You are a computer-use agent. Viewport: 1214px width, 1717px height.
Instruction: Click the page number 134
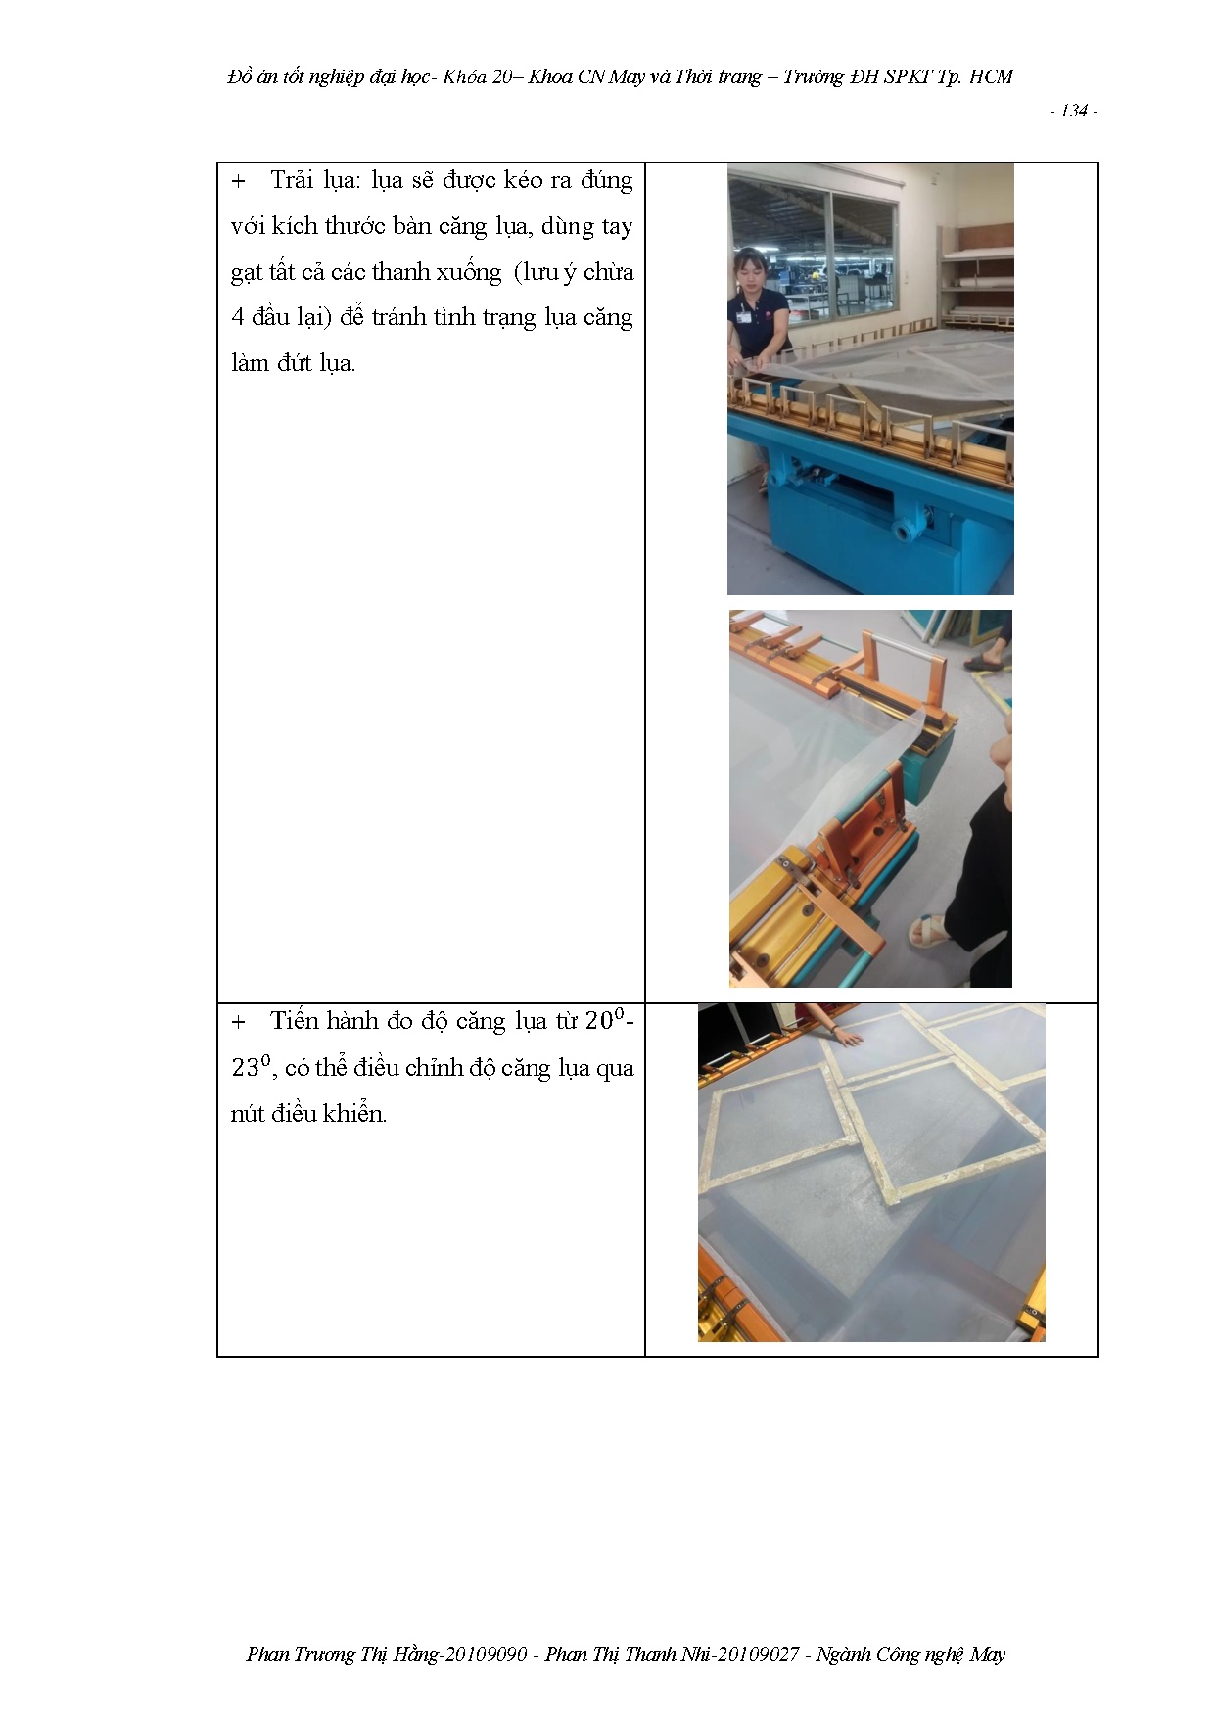[x=1074, y=112]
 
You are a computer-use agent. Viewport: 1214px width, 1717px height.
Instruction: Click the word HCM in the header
[x=991, y=76]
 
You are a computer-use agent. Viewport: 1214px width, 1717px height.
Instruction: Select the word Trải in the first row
[x=292, y=180]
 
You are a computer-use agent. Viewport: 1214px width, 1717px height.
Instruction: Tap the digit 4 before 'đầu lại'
[x=238, y=317]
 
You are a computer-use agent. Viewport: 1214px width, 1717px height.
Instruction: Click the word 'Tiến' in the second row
[x=294, y=1021]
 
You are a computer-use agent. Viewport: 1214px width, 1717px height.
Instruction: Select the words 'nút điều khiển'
[x=309, y=1113]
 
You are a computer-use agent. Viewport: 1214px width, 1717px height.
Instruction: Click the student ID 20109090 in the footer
[x=485, y=1654]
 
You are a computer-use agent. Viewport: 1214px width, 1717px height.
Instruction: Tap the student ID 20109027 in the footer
[x=757, y=1654]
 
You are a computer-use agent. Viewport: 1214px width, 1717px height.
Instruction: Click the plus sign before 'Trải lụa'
[x=238, y=182]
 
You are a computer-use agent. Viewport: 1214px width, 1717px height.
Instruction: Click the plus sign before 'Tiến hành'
[x=238, y=1023]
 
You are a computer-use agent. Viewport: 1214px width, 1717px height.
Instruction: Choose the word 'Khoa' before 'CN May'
[x=550, y=76]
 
